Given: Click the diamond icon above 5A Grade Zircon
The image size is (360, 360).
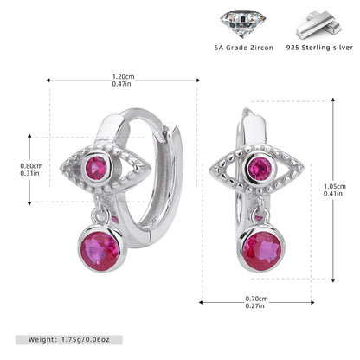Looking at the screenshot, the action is (242, 24).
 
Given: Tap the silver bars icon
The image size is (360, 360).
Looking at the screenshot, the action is (320, 25).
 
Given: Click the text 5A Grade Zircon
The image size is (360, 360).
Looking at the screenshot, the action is (244, 48).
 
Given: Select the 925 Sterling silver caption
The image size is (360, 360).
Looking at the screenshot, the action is (319, 48).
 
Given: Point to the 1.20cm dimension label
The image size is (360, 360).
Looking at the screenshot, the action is (123, 77).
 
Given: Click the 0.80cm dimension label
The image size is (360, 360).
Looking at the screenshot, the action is (31, 166).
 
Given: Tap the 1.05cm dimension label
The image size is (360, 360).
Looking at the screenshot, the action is (335, 186).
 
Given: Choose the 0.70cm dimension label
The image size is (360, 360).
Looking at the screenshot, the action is (256, 299).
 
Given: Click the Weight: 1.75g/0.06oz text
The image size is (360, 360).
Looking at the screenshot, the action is (69, 340).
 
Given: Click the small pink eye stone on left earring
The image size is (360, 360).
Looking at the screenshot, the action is (96, 168).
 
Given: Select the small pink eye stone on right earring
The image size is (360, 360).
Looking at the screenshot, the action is (260, 169).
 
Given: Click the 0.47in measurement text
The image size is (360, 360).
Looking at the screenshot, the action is (121, 84).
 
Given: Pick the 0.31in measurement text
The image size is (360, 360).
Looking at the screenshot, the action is (29, 173).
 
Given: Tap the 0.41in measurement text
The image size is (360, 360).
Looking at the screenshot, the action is (333, 194).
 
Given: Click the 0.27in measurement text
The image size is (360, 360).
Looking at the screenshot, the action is (255, 306).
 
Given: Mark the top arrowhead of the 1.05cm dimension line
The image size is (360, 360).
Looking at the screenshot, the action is (333, 100).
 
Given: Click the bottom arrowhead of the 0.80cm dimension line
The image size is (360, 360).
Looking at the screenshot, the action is (29, 203).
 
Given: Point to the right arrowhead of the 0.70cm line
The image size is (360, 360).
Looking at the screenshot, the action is (312, 302).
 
